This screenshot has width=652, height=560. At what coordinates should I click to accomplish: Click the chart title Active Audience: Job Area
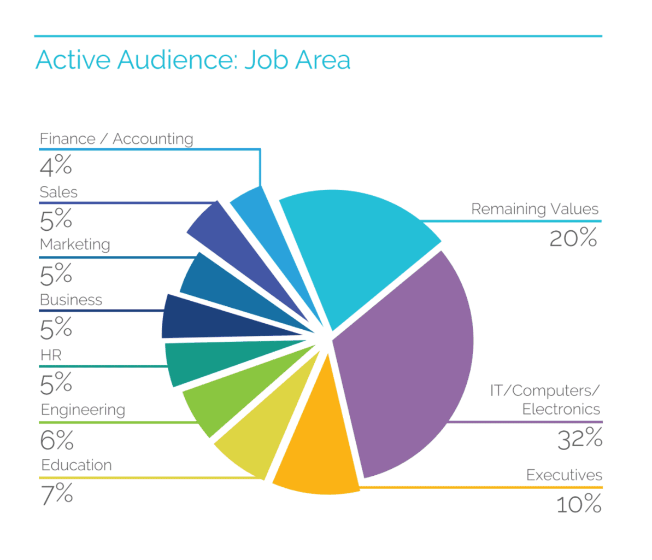(192, 60)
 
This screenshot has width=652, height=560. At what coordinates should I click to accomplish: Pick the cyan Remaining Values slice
(355, 246)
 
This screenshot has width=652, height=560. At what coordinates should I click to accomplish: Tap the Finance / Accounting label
(116, 139)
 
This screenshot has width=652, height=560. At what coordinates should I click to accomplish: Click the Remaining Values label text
(534, 209)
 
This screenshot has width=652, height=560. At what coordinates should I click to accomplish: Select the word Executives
(564, 475)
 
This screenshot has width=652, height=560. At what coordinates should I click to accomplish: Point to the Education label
(77, 465)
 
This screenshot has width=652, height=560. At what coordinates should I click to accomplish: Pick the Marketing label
(75, 244)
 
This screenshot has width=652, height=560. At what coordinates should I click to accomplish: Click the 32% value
(580, 439)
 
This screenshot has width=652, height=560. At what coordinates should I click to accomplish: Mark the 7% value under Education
(57, 494)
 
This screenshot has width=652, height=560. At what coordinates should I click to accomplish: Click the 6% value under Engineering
(56, 440)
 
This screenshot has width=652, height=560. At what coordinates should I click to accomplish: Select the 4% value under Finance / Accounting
(56, 165)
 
